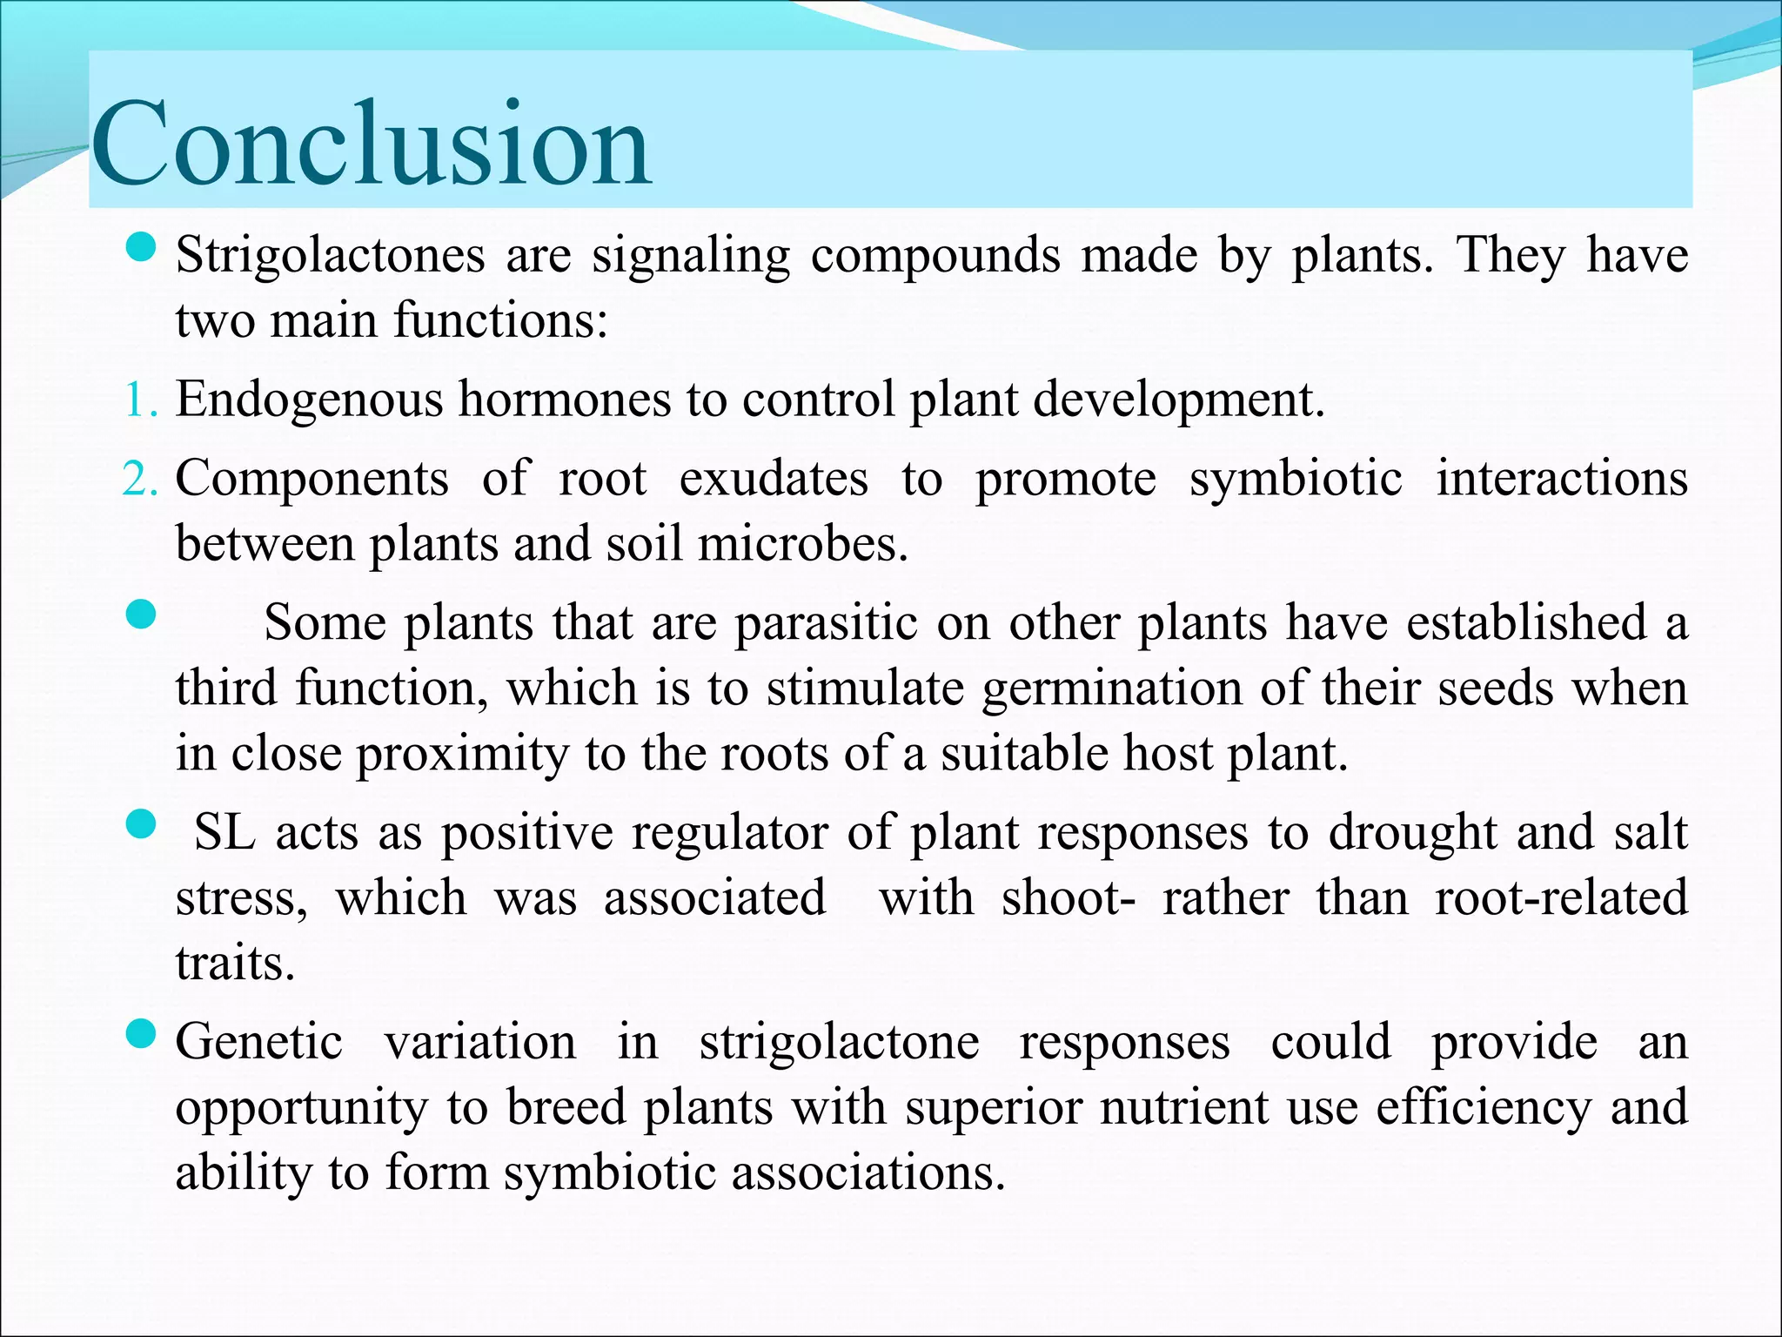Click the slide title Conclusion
(x=372, y=144)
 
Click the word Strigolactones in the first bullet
(x=330, y=256)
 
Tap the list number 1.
(x=139, y=401)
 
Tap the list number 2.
(x=139, y=480)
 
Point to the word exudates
(x=773, y=480)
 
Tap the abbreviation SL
(x=224, y=832)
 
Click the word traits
(x=235, y=963)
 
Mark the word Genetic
(x=258, y=1042)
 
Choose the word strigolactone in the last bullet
(x=839, y=1042)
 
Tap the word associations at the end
(x=868, y=1172)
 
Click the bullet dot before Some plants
(x=140, y=615)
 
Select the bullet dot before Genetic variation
(x=140, y=1034)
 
